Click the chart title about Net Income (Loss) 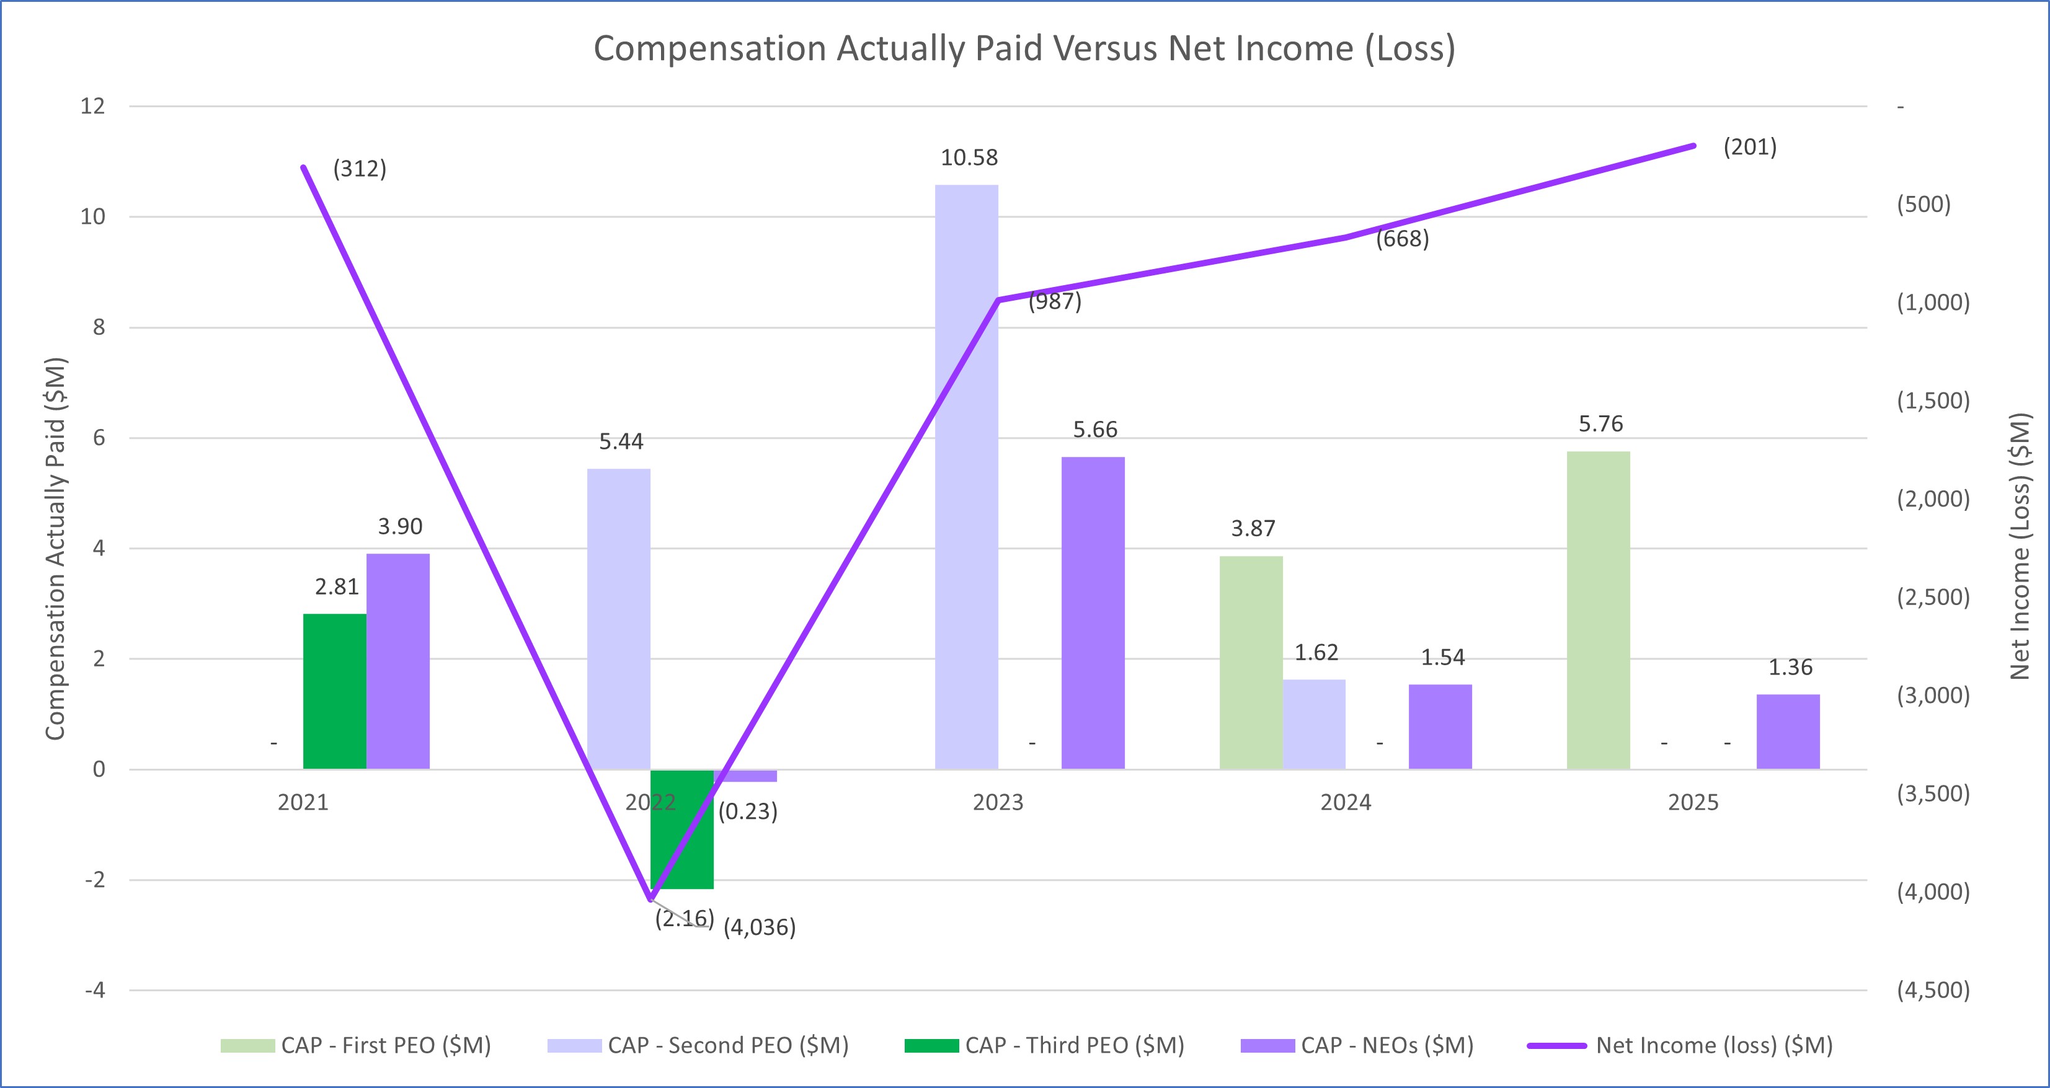click(1024, 48)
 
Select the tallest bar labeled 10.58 click(966, 477)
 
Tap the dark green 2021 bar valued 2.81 click(334, 691)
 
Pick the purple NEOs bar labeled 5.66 click(1093, 613)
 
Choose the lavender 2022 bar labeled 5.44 click(618, 619)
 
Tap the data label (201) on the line click(1749, 148)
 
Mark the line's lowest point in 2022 click(650, 900)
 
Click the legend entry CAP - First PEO click(356, 1045)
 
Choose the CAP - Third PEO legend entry click(1044, 1045)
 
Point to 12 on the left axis click(92, 106)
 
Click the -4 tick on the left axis click(95, 990)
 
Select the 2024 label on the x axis click(1345, 802)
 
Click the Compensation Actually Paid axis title click(55, 549)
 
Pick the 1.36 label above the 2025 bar click(1790, 667)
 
